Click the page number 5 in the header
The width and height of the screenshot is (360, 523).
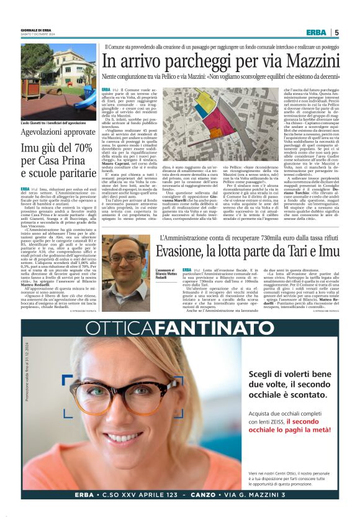[336, 32]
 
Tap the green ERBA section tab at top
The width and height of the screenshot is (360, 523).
[317, 32]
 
